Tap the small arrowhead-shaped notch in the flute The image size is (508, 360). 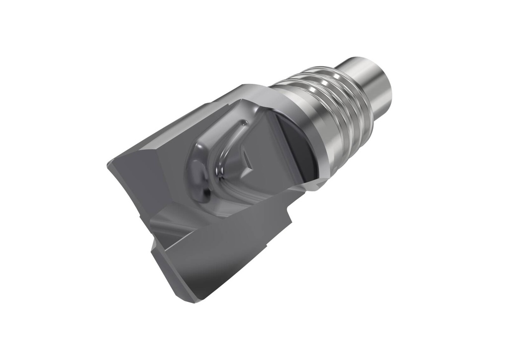point(247,159)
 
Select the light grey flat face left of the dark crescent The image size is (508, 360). point(263,129)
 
